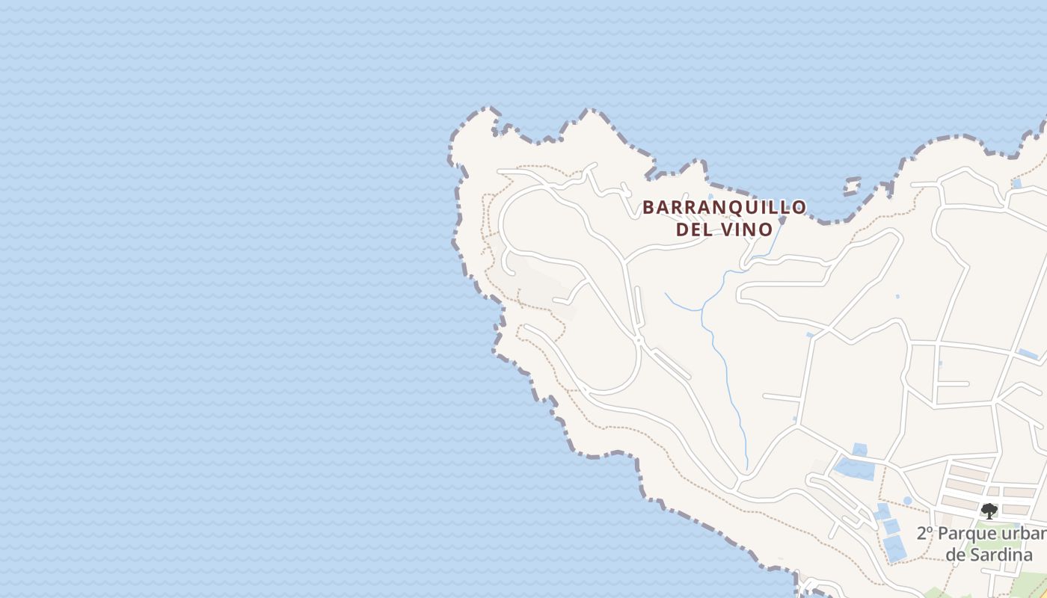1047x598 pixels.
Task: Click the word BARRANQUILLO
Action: click(x=724, y=207)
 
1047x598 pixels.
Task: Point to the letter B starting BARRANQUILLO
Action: click(x=648, y=207)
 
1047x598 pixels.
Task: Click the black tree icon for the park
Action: click(x=989, y=511)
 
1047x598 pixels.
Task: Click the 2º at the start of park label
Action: click(x=925, y=534)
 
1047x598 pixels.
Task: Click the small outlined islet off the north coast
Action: click(x=852, y=185)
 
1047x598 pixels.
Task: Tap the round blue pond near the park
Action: click(x=907, y=501)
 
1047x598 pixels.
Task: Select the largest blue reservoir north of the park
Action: click(x=853, y=469)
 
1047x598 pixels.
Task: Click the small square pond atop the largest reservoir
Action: click(x=860, y=449)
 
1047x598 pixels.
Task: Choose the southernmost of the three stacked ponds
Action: click(x=897, y=549)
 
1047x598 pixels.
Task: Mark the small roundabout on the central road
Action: click(x=639, y=340)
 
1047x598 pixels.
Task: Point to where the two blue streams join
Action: click(x=701, y=309)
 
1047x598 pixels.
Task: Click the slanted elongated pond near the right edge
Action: click(x=1028, y=354)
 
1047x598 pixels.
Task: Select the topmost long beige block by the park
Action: click(x=970, y=473)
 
